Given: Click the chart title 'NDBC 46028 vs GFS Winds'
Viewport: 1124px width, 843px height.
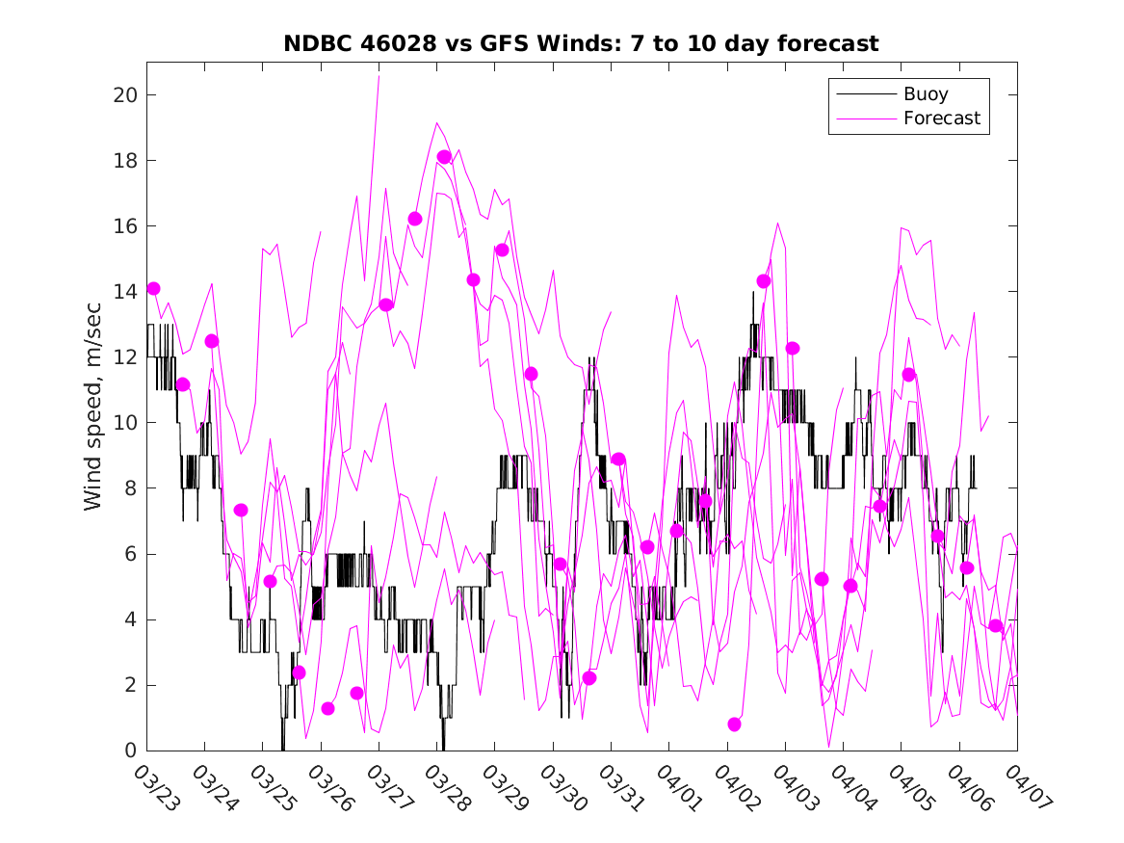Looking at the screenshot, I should coord(581,43).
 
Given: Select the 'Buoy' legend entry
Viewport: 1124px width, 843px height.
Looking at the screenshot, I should coord(926,94).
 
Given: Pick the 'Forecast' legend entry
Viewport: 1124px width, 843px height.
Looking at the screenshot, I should coord(941,119).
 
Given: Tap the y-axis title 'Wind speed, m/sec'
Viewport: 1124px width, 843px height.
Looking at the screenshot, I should coord(92,406).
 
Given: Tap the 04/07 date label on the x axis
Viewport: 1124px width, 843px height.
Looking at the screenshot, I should coord(1023,788).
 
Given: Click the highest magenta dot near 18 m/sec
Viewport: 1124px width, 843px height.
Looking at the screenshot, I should coord(444,157).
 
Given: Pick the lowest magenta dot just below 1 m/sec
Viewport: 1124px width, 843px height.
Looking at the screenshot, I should coord(735,724).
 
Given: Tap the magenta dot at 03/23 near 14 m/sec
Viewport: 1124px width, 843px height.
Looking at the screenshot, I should coord(153,288).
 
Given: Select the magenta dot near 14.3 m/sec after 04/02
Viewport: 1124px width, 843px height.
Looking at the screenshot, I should coord(764,281).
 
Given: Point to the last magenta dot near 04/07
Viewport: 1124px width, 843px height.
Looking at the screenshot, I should coord(996,626).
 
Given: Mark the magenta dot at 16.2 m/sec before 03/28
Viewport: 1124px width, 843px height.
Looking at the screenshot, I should coord(415,219).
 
